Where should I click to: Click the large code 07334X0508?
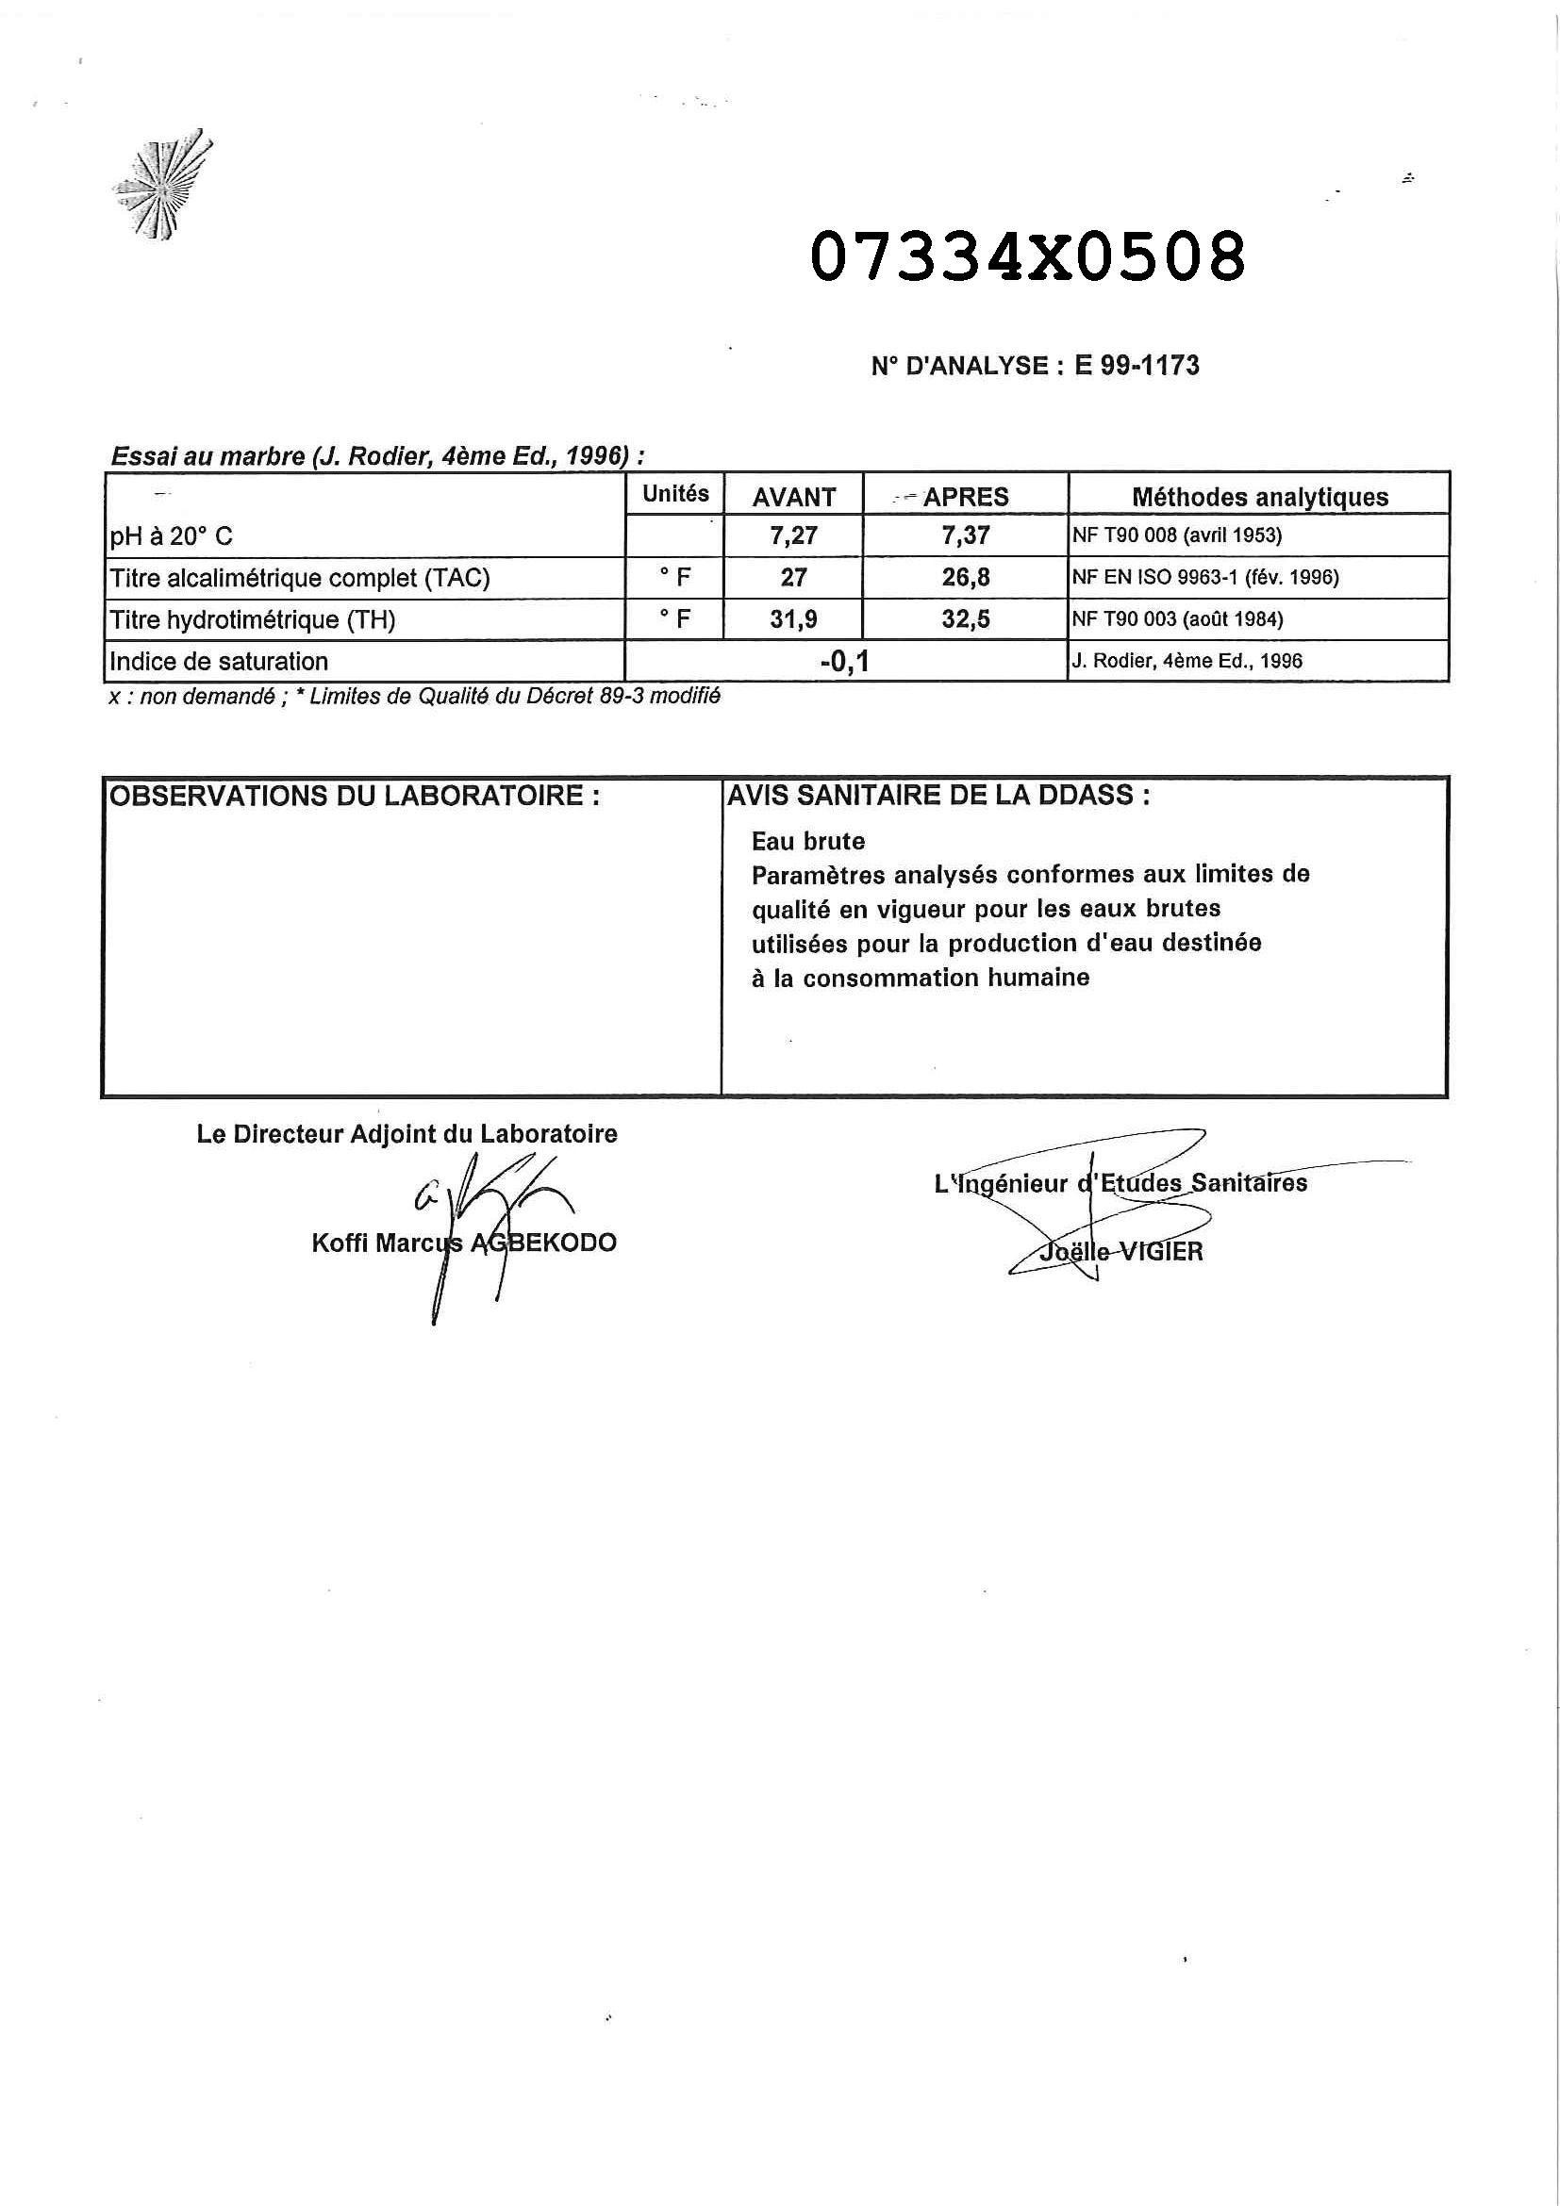[x=1027, y=257]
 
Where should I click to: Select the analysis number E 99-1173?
[x=1137, y=365]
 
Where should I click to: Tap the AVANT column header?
[x=794, y=497]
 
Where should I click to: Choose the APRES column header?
[x=965, y=497]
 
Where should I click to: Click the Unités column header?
[x=675, y=494]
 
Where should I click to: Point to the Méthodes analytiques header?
[x=1259, y=497]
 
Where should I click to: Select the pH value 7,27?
[x=793, y=536]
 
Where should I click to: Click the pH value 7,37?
[x=965, y=536]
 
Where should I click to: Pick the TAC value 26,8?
[x=965, y=578]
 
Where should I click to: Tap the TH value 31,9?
[x=793, y=619]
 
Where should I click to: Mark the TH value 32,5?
[x=965, y=619]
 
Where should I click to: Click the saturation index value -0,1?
[x=845, y=662]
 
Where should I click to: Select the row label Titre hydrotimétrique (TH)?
[x=253, y=619]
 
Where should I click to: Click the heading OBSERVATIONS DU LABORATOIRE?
[x=355, y=797]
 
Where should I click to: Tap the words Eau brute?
[x=808, y=842]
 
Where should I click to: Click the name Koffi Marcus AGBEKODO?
[x=463, y=1243]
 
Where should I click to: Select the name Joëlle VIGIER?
[x=1120, y=1252]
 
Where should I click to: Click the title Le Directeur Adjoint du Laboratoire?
[x=407, y=1134]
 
